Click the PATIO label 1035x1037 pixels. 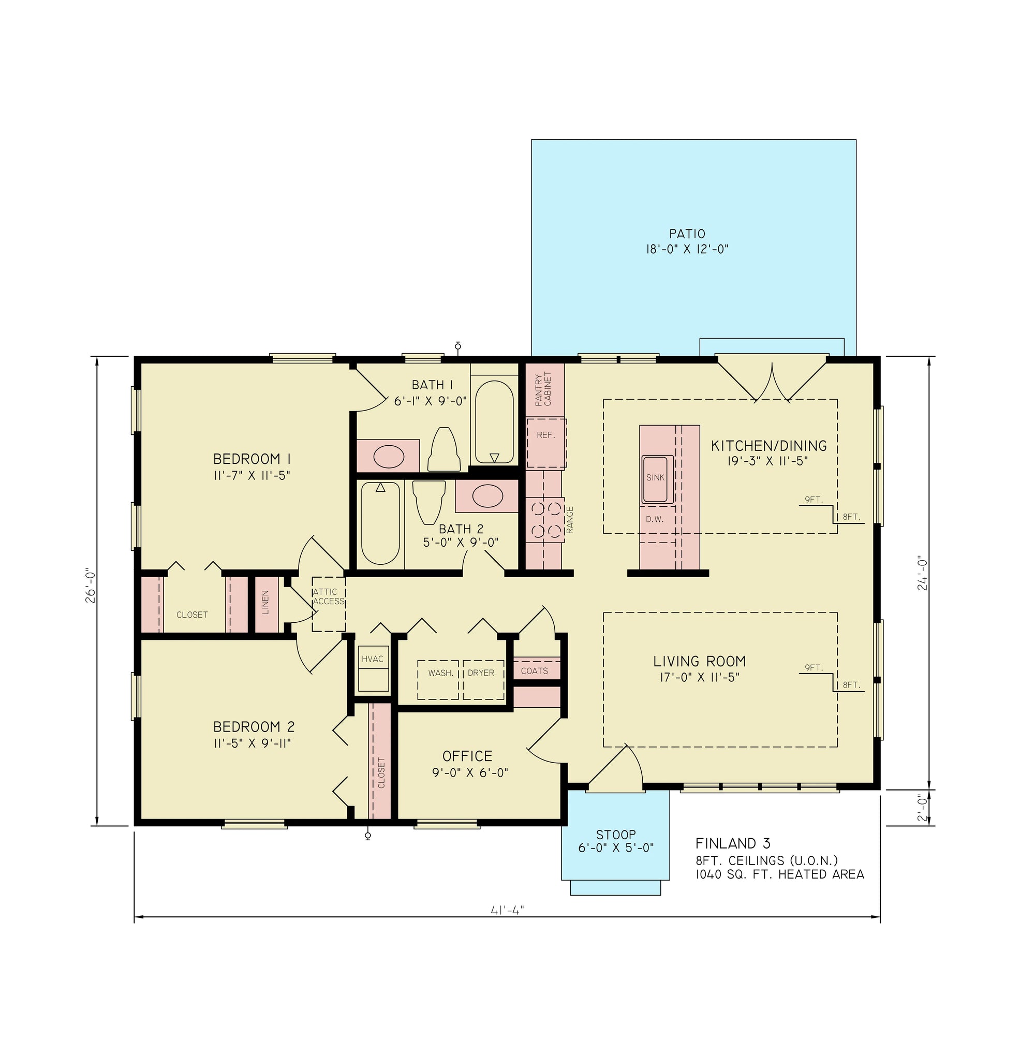[687, 234]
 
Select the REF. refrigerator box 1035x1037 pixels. [546, 443]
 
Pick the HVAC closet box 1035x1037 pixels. [373, 668]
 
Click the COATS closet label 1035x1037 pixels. [534, 671]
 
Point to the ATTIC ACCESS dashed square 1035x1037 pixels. [329, 604]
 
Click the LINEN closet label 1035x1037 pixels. [265, 603]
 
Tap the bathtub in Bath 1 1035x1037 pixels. [494, 422]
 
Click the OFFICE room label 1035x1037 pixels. [467, 756]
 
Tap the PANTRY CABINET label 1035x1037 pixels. [543, 390]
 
